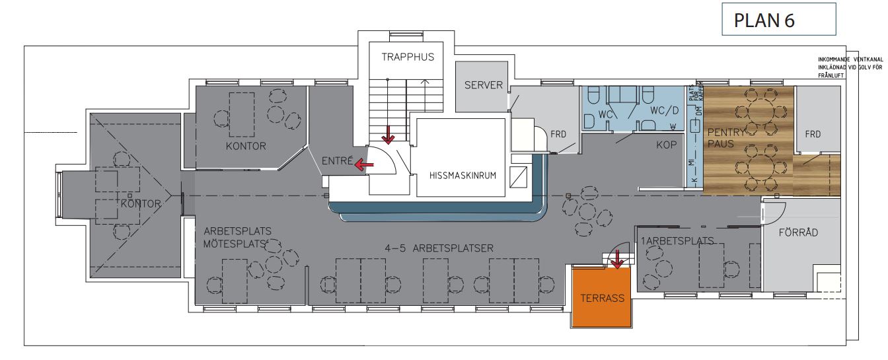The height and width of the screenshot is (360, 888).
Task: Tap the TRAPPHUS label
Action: (408, 57)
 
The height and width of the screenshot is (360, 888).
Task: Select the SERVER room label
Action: (484, 85)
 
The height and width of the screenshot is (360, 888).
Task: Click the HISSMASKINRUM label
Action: (462, 176)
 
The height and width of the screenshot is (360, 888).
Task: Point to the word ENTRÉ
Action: (335, 161)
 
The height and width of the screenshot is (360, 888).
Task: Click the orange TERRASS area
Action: (602, 298)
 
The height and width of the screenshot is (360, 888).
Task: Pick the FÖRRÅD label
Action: (797, 233)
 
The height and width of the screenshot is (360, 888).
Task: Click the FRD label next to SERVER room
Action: (559, 134)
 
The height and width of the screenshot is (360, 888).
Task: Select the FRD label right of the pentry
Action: (813, 134)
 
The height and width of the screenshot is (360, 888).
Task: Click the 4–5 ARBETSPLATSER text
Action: (439, 248)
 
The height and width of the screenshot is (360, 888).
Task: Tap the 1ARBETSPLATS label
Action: (677, 241)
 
